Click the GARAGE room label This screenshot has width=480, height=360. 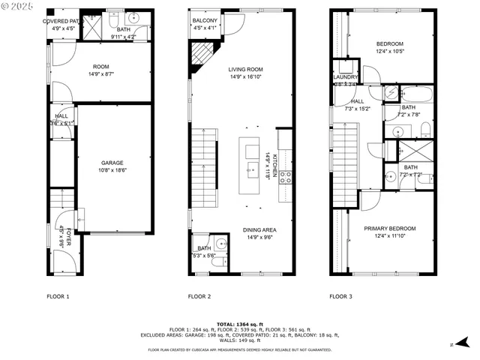coord(112,163)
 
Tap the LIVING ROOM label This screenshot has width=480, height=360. coord(245,69)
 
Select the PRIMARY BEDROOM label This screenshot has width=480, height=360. coord(389,228)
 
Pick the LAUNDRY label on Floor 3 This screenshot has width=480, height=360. coord(346,76)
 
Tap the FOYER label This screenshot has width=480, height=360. coord(68,235)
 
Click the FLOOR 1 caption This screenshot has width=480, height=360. coord(58,296)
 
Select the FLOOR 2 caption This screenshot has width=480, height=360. coord(199,296)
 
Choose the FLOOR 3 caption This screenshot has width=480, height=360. coord(341,296)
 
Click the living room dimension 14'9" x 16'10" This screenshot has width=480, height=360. coord(245,76)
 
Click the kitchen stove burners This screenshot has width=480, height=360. coord(285,178)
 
